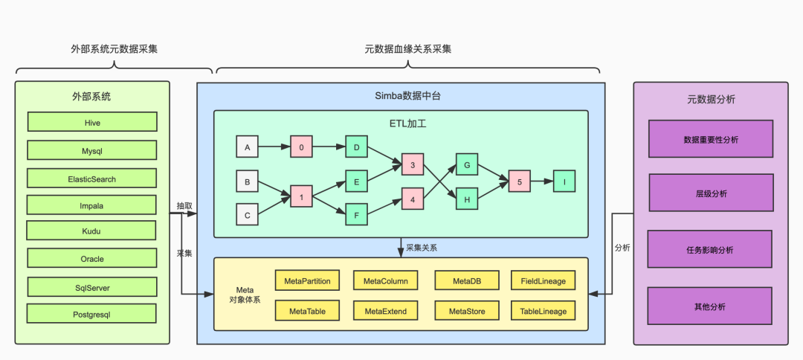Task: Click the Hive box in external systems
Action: pos(92,122)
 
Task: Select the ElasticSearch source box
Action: pos(92,179)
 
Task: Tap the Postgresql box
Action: pos(92,314)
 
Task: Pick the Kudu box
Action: pos(91,231)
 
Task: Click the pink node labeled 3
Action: pos(413,164)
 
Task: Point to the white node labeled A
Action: pos(247,147)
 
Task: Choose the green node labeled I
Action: pos(564,181)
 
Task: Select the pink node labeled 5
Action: pos(520,181)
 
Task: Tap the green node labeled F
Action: pos(357,214)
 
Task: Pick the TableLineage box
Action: pos(543,311)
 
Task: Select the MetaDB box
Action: pos(466,280)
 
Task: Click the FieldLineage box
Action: pos(543,280)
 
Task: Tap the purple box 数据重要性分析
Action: pos(710,139)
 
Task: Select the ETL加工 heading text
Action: pos(401,123)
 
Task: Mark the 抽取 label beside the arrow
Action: pos(184,205)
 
